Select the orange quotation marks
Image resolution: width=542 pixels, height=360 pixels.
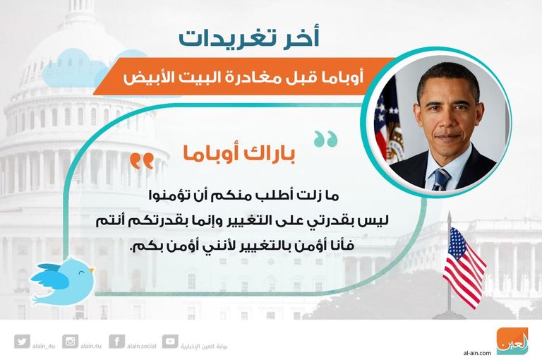[142, 161]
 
